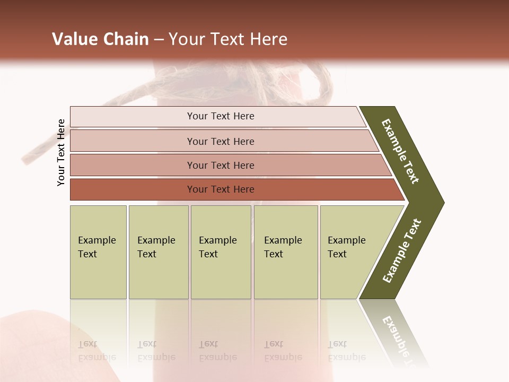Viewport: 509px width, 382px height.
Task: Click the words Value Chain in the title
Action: click(100, 39)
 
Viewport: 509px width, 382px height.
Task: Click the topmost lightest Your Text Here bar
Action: click(220, 116)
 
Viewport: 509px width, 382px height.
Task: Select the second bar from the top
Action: click(220, 141)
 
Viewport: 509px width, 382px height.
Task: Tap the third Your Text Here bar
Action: click(220, 165)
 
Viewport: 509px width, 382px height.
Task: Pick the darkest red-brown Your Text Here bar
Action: click(220, 189)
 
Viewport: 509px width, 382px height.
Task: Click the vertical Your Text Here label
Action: click(61, 152)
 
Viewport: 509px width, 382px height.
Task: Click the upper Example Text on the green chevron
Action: click(401, 151)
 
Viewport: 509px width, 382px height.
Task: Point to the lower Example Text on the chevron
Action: click(402, 251)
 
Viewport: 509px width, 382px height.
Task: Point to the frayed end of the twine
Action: click(28, 158)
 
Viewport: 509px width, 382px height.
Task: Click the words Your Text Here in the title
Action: click(227, 39)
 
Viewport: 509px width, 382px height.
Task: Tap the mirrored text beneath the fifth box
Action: click(347, 350)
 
